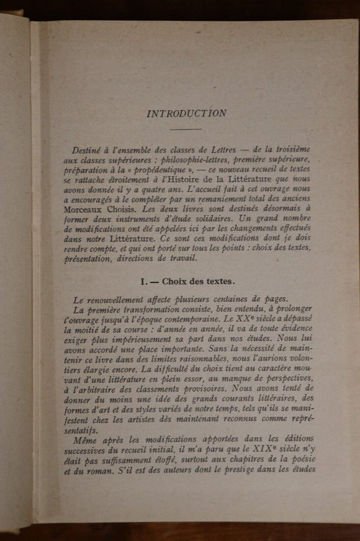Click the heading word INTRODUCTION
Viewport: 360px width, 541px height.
pos(186,114)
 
